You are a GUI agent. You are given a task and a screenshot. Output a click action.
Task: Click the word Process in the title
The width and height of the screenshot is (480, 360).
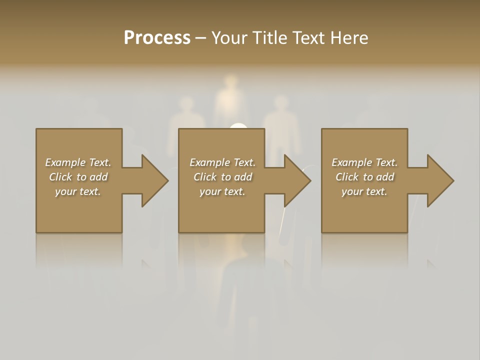coord(157,38)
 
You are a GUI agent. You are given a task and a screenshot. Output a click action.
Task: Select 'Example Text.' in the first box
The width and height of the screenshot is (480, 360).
coord(78,162)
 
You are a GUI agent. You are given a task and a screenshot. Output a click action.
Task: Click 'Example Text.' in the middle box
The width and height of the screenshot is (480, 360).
coord(222,162)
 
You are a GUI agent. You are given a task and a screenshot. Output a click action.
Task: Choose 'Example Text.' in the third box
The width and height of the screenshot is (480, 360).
coord(364,162)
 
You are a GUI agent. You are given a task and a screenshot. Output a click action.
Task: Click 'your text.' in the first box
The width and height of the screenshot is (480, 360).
coord(78,191)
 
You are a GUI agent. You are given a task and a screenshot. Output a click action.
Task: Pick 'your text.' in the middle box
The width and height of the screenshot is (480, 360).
coord(222,191)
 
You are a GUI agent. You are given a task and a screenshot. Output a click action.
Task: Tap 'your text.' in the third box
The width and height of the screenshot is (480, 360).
coord(364,191)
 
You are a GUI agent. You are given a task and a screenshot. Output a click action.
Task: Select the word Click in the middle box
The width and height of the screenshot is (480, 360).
coord(205,177)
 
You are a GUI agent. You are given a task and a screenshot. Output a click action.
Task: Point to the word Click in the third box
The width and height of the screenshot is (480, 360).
coord(347,177)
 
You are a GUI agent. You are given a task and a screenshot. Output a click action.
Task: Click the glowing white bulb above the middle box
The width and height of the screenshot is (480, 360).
coord(239,126)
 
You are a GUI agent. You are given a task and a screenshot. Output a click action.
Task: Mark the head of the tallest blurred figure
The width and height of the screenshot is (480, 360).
coord(230,82)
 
